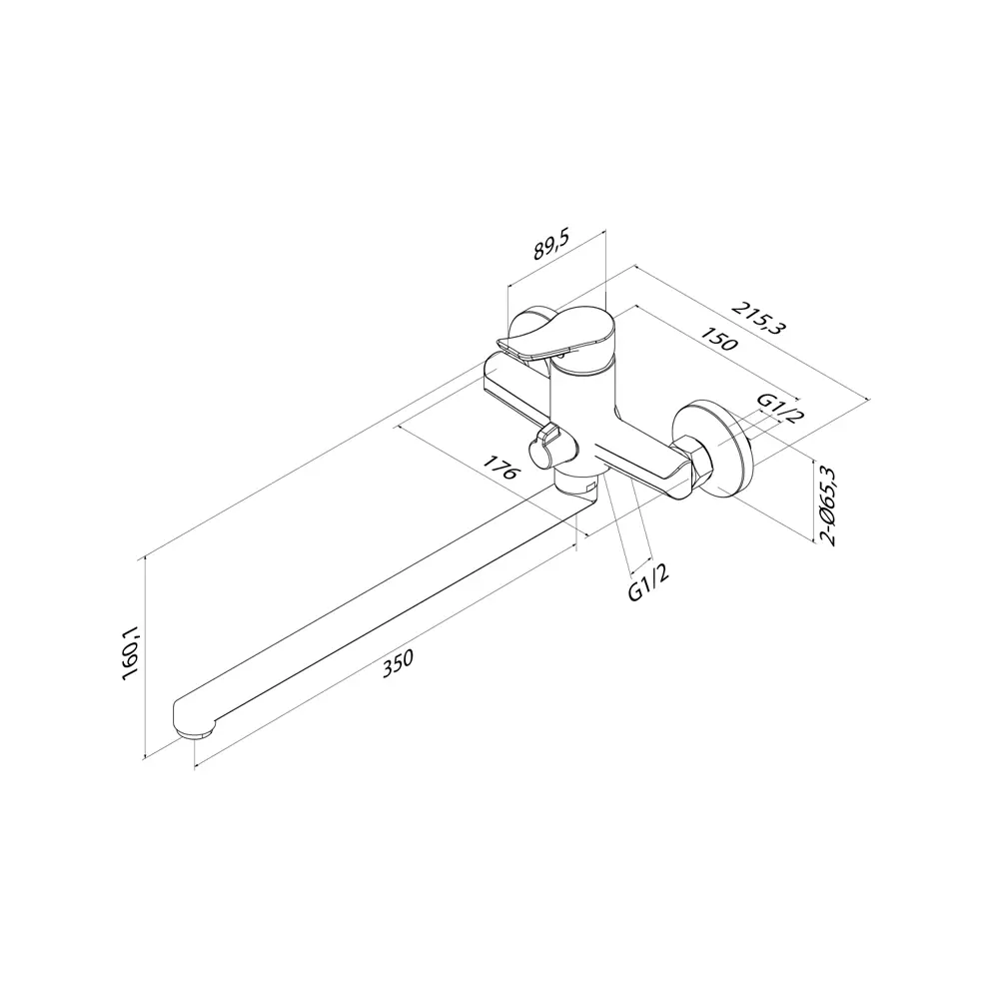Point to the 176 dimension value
499,469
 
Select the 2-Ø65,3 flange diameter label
828,505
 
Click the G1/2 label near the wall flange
780,407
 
